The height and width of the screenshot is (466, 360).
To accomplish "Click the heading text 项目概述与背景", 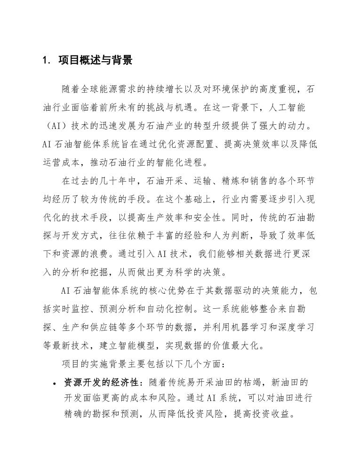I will (96, 61).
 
